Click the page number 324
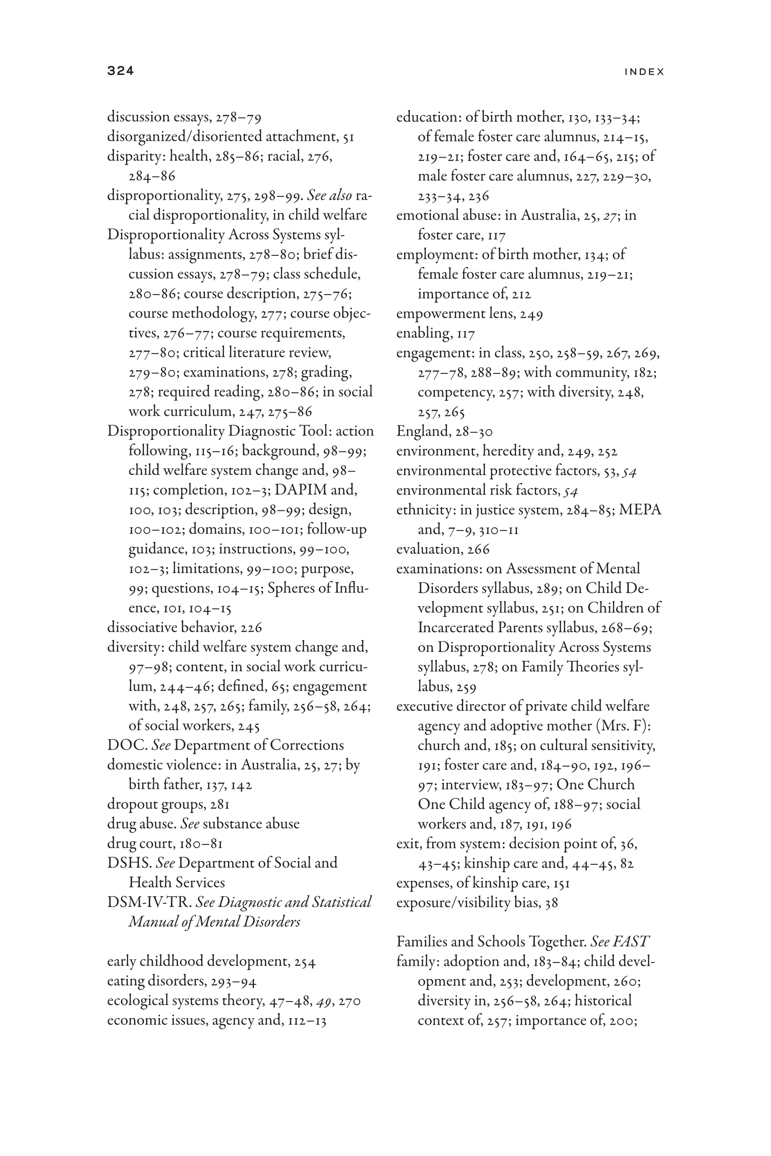coord(120,71)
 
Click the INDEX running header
coord(644,72)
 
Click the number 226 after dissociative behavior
coord(251,628)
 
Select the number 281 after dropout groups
coord(220,805)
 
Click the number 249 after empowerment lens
coord(531,313)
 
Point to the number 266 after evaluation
coord(478,549)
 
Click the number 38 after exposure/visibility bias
coord(552,903)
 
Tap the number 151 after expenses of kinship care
coord(561,883)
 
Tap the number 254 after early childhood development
coord(305,962)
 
